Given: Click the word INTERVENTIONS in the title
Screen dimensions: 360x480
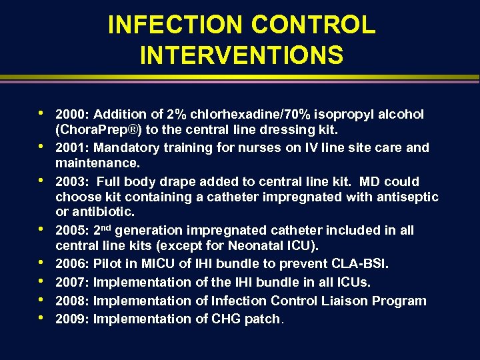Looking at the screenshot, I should pyautogui.click(x=241, y=55).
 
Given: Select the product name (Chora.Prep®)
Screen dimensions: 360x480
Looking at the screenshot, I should pyautogui.click(x=98, y=130).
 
